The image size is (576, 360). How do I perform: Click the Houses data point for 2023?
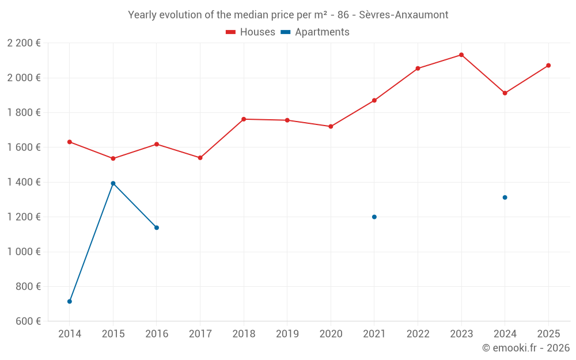(461, 55)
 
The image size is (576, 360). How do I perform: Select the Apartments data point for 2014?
(70, 301)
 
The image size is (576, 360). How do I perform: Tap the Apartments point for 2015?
(113, 183)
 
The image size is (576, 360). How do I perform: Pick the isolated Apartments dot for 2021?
(374, 217)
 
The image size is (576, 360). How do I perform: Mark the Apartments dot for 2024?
(505, 198)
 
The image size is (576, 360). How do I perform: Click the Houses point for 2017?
(200, 158)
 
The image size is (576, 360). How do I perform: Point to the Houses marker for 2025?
(548, 66)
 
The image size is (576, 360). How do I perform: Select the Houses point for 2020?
(331, 127)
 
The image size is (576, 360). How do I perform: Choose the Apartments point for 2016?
(157, 228)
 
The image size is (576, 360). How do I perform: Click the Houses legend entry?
(251, 32)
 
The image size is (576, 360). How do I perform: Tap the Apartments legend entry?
(315, 32)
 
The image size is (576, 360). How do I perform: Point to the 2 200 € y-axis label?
(24, 43)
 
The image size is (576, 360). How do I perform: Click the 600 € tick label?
(27, 321)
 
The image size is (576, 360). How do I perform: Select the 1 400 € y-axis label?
(24, 182)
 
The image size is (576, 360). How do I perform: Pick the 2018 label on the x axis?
(244, 334)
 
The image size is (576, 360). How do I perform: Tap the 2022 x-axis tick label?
(418, 334)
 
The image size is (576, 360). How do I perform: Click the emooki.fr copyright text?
(526, 348)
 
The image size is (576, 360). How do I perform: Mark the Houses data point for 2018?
(244, 119)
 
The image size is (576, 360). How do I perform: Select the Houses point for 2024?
(505, 93)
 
